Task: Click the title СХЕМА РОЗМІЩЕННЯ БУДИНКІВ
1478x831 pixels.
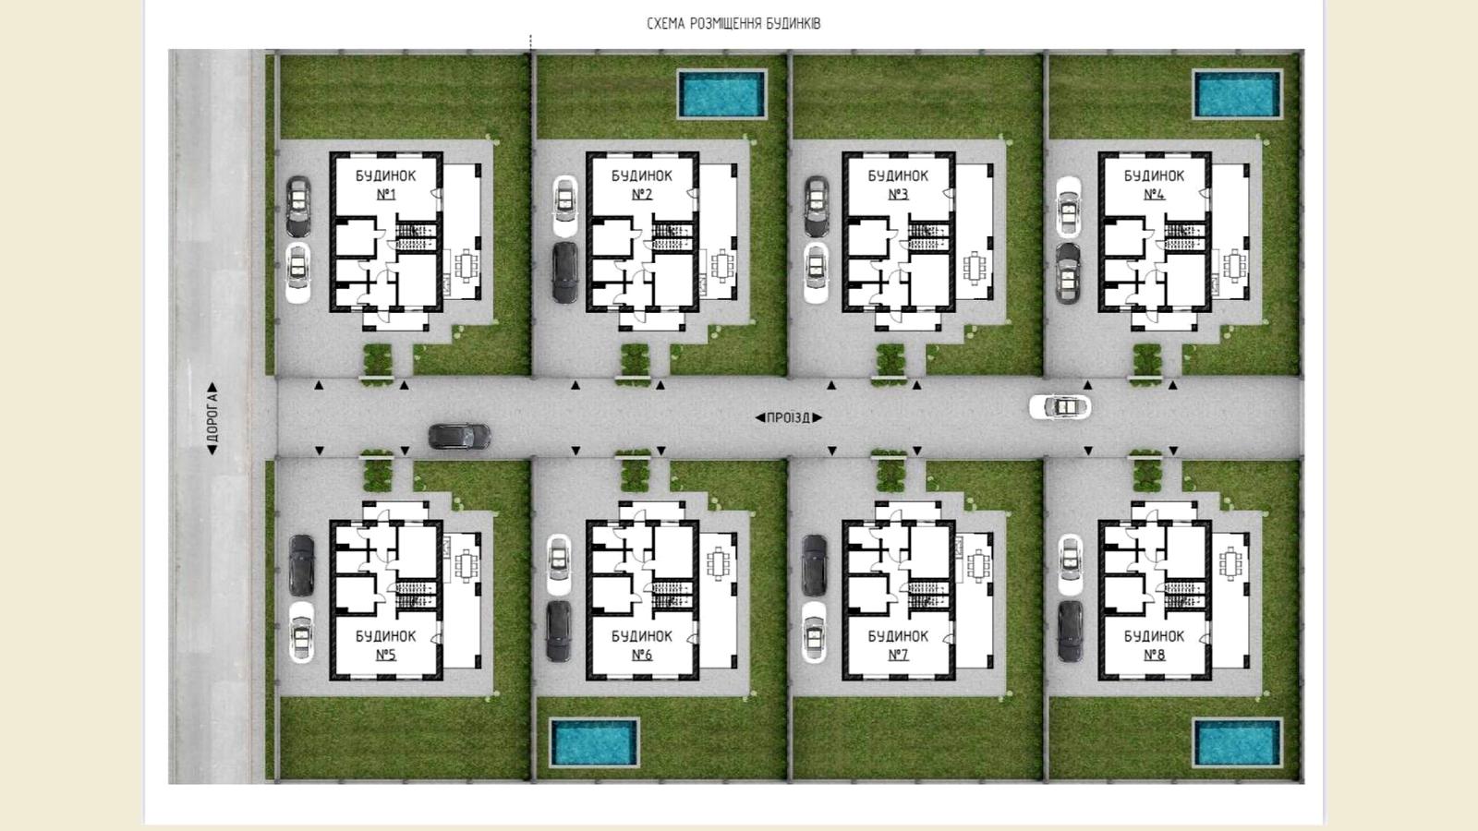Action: [x=733, y=24]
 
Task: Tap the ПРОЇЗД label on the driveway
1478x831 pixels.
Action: [x=789, y=417]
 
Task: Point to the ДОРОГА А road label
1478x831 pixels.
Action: [x=212, y=418]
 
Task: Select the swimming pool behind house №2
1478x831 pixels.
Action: [x=722, y=94]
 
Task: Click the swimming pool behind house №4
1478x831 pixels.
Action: [x=1237, y=94]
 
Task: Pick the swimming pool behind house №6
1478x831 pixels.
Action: [x=595, y=742]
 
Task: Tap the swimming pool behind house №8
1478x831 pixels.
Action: [x=1237, y=742]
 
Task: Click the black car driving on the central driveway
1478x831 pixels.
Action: [x=459, y=436]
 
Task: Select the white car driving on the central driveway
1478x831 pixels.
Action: [x=1060, y=407]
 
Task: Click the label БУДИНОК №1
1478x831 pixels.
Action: [x=386, y=185]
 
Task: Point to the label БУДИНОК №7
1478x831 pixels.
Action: [x=898, y=645]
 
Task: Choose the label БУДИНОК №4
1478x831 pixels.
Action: [x=1154, y=185]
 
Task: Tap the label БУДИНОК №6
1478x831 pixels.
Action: [x=642, y=645]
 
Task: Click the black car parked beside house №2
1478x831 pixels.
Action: [x=564, y=272]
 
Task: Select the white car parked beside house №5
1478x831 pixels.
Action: [x=301, y=632]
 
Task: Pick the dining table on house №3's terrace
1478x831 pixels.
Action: [x=975, y=267]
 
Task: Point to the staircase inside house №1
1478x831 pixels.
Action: [x=417, y=236]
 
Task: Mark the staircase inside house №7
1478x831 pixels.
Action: [x=928, y=595]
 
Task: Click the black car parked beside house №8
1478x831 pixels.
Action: [x=1071, y=632]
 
